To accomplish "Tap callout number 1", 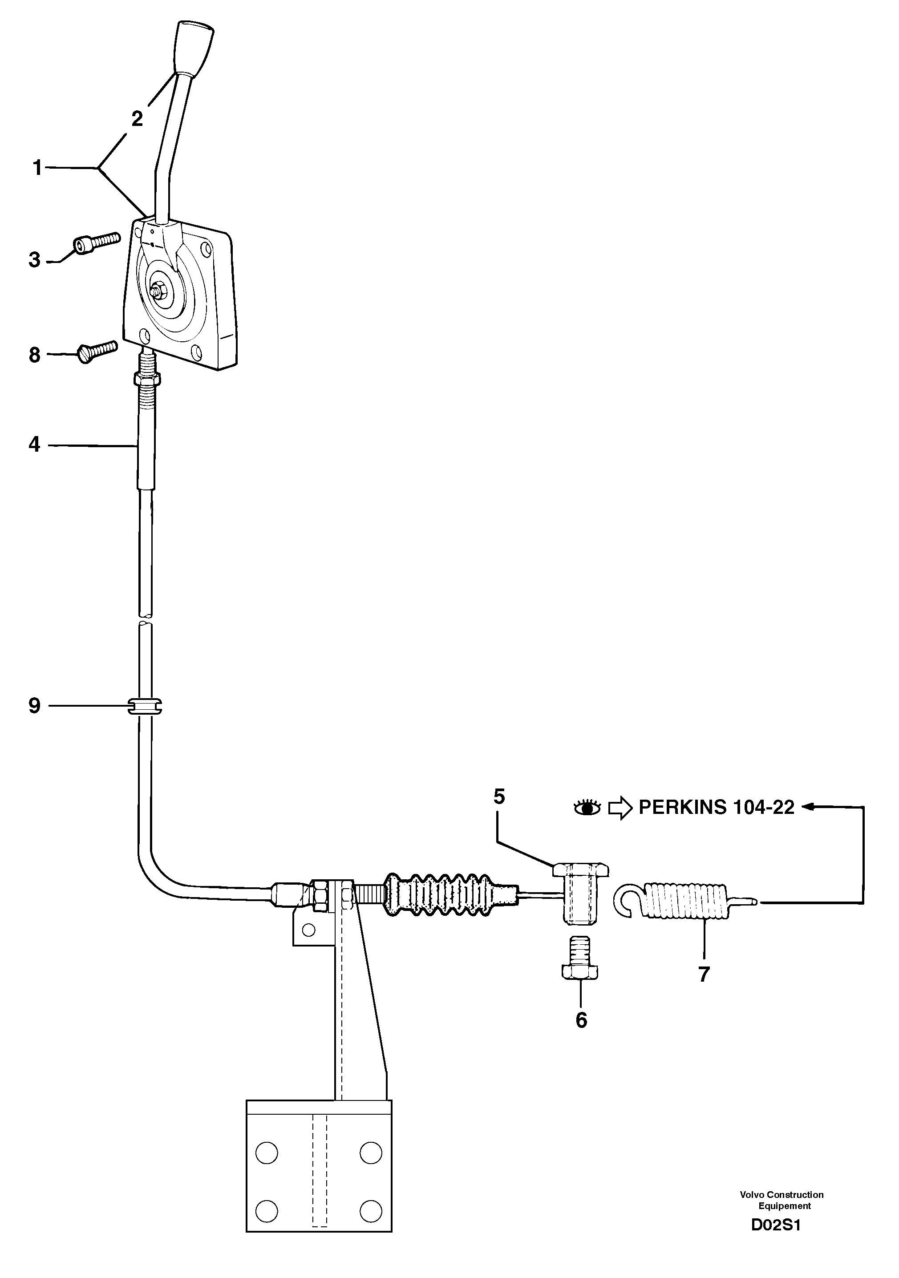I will coord(37,168).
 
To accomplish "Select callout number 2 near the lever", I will coord(137,118).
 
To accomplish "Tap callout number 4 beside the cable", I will coord(35,445).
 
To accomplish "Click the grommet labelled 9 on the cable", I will coord(144,706).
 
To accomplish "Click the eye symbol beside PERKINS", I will coord(587,807).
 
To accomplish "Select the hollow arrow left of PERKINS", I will coord(620,808).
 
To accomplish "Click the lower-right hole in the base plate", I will coord(370,1209).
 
